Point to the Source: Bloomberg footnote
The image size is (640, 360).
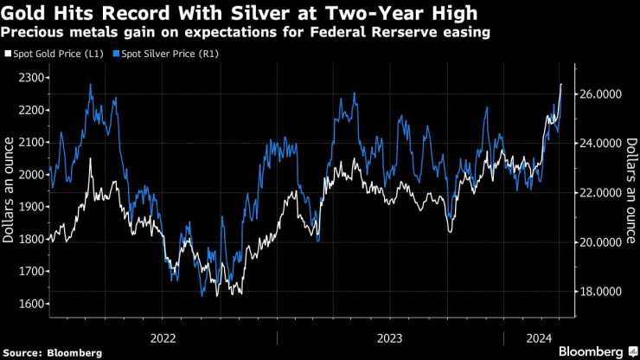coord(53,352)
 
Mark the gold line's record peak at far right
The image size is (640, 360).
coord(561,85)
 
